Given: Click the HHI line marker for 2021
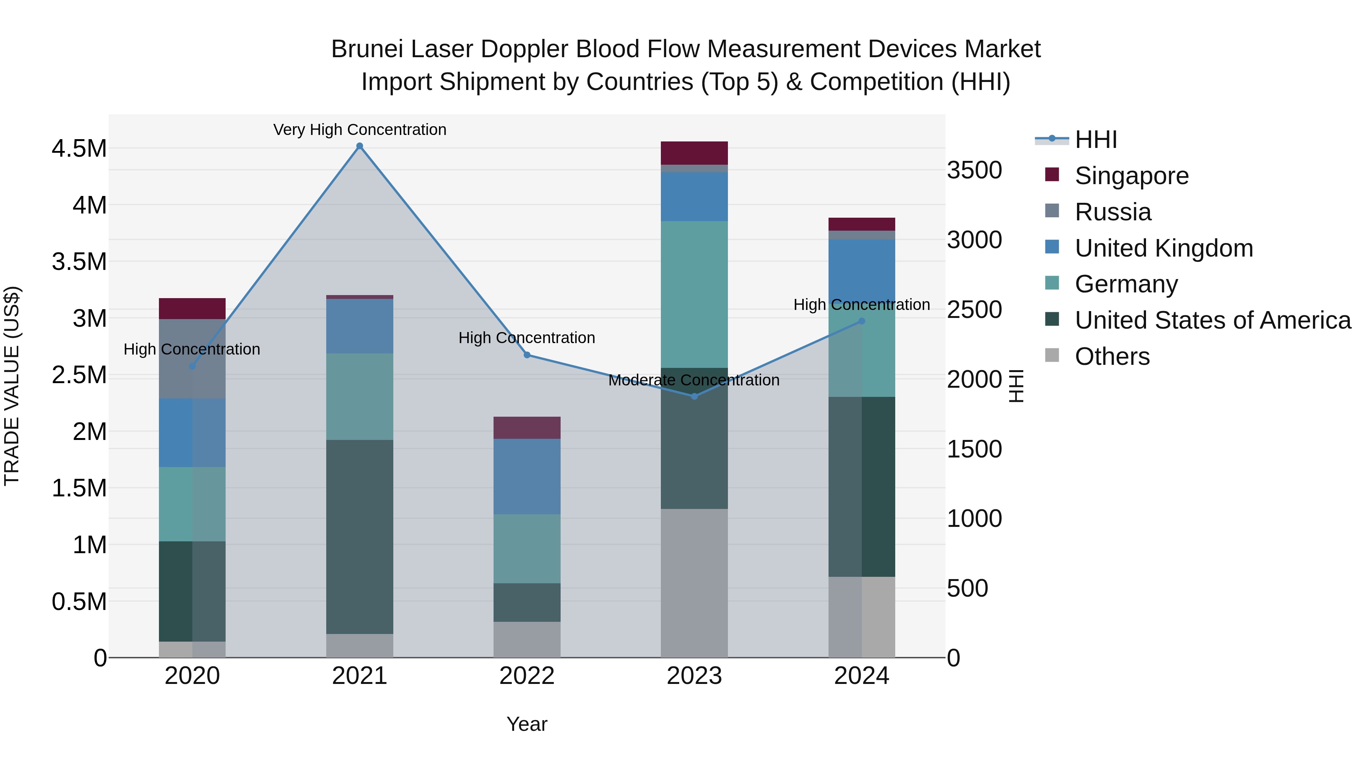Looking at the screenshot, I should click(359, 146).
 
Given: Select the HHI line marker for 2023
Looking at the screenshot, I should click(694, 396).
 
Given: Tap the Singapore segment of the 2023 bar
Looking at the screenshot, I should click(694, 153).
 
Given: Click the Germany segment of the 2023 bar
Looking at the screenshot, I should click(694, 294).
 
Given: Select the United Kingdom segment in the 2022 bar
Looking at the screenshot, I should click(527, 476).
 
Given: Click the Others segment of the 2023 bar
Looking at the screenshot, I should click(694, 583).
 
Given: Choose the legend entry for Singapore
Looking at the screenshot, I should click(1131, 176).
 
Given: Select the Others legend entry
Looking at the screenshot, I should click(1112, 356).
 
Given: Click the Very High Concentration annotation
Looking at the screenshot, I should click(359, 130).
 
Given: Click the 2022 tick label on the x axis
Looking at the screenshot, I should click(527, 676).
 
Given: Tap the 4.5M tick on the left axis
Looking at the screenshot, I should click(79, 148).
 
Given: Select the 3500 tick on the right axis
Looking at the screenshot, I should click(974, 170).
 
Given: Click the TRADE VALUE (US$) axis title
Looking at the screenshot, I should click(12, 386).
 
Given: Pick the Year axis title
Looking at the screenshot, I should click(527, 724).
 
